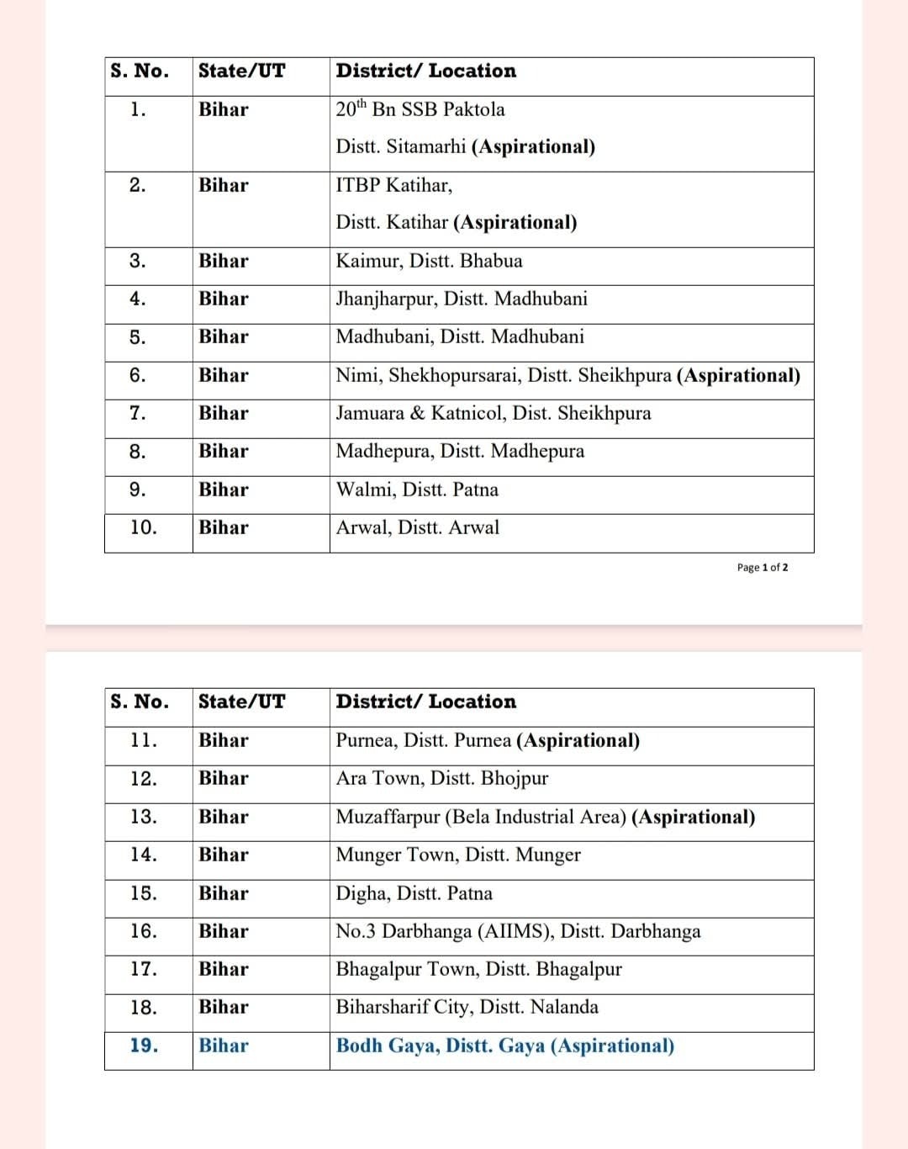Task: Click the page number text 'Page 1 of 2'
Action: [763, 568]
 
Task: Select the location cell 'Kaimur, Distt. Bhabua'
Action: [429, 261]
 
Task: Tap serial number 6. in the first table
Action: [138, 375]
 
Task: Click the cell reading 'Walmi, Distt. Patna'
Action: [417, 490]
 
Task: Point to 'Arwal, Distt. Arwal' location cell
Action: [418, 527]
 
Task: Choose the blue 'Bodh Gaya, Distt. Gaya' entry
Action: [504, 1046]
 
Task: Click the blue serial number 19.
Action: [144, 1046]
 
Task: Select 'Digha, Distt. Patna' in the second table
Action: [414, 893]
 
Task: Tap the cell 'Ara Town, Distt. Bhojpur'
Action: [442, 778]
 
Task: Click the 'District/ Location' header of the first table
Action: [425, 71]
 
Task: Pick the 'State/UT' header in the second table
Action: [242, 702]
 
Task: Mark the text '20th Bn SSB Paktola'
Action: [420, 109]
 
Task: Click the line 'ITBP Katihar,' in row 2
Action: [393, 185]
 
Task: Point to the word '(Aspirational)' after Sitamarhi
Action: [533, 147]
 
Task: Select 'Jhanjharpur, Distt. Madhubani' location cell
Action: [462, 299]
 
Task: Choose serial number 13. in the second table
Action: [144, 817]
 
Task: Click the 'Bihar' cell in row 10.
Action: [224, 527]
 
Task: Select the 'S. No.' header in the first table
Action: [140, 71]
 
